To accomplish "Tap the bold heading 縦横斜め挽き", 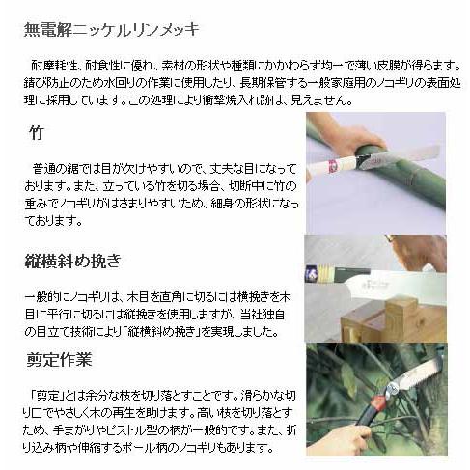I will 73,261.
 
